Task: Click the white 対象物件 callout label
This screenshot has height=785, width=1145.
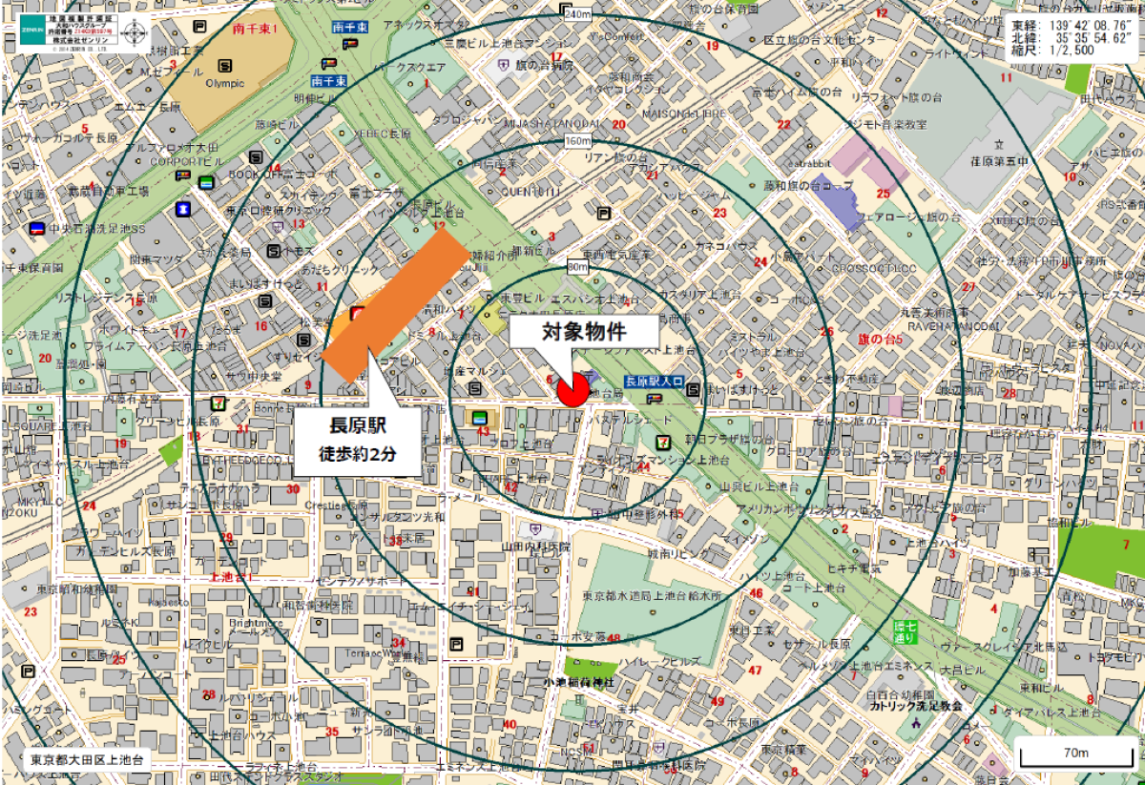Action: coord(583,334)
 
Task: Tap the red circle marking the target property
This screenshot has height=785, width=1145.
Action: coord(572,389)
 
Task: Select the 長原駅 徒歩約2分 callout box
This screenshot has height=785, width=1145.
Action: coord(357,440)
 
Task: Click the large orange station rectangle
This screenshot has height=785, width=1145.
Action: coord(397,304)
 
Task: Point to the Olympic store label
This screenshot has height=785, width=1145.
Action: coord(224,83)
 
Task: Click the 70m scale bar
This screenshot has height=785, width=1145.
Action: coord(1076,754)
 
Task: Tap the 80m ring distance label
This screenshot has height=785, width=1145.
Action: coord(577,267)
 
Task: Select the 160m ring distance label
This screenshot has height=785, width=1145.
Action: coord(578,141)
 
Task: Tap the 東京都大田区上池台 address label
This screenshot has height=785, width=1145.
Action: coord(86,761)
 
